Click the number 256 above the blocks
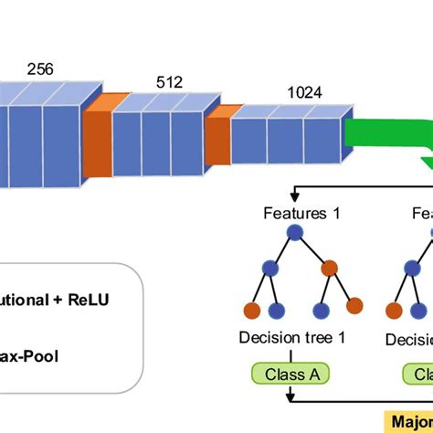tap(39, 69)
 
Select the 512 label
tap(169, 82)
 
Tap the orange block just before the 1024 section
tap(217, 134)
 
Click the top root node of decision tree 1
tap(294, 234)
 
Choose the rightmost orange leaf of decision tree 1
tap(354, 305)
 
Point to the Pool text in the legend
tap(41, 354)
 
